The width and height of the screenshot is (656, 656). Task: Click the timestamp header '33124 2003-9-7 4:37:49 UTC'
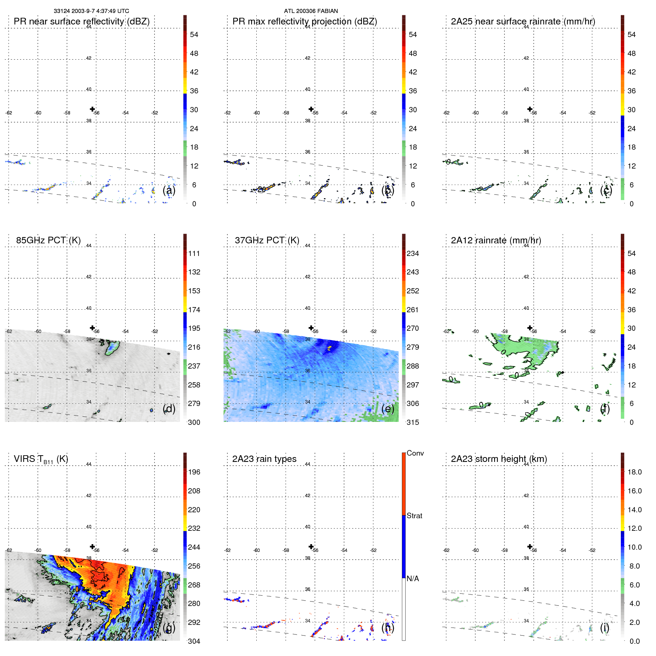click(x=91, y=11)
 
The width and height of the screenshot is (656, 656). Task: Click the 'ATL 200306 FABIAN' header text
click(x=311, y=11)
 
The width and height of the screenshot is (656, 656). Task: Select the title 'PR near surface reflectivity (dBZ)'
click(x=81, y=21)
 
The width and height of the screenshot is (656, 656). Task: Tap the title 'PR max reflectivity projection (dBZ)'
click(x=304, y=21)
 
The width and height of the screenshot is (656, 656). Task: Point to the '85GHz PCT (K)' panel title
click(x=48, y=240)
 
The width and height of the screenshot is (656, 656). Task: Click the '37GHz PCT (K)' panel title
click(x=267, y=240)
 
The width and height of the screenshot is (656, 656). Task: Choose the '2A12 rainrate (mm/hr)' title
click(x=496, y=240)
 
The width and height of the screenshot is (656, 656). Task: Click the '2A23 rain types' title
click(x=264, y=459)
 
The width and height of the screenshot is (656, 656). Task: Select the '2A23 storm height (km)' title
click(x=499, y=459)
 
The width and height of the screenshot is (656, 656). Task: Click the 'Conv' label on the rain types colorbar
click(x=415, y=453)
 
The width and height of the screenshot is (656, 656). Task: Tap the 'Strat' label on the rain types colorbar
click(x=414, y=516)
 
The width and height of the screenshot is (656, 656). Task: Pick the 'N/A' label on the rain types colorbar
click(x=413, y=579)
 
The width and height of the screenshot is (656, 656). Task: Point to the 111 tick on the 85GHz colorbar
click(x=194, y=254)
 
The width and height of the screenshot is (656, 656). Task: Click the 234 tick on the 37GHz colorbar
click(x=413, y=254)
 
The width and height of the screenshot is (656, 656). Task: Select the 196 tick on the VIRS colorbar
click(x=194, y=472)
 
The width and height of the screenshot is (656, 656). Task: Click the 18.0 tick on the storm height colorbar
click(x=634, y=472)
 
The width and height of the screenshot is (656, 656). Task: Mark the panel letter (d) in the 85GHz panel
click(x=169, y=409)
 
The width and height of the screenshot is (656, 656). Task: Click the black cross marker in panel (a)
click(x=92, y=109)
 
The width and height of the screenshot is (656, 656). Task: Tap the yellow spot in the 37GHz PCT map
click(x=329, y=347)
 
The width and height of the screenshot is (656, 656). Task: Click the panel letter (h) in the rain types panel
click(x=388, y=627)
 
